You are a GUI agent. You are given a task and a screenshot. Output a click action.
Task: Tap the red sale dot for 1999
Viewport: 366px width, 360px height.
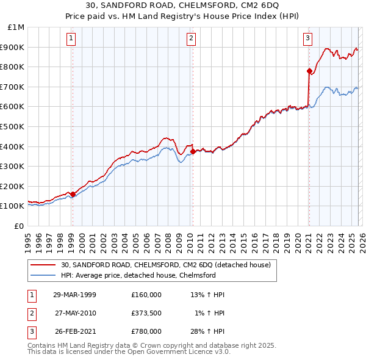73,194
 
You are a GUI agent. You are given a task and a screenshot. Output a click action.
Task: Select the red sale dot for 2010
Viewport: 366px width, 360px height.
193,151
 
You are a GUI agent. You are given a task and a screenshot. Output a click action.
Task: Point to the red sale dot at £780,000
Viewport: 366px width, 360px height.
309,71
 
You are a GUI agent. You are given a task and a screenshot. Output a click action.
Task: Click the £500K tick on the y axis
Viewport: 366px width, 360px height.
14,126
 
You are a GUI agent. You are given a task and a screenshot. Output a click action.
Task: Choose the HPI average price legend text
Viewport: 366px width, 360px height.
138,275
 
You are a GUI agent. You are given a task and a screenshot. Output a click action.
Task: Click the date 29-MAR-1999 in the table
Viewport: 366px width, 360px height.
74,295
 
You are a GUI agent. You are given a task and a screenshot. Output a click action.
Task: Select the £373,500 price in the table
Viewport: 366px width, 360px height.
146,313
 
